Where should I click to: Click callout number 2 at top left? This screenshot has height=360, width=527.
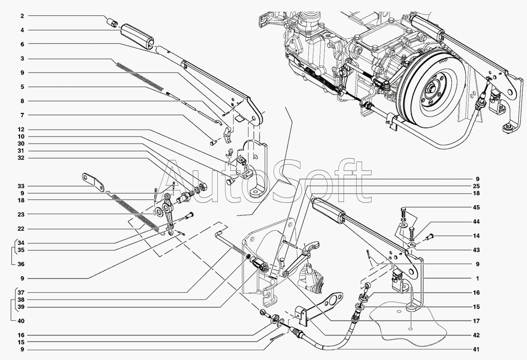(x=22, y=16)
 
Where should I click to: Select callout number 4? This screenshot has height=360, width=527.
(x=22, y=30)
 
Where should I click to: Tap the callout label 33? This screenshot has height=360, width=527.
(x=21, y=186)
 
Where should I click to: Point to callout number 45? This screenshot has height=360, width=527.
(x=476, y=207)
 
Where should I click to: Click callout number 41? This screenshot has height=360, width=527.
(x=476, y=349)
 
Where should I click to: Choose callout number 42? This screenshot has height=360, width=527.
(x=476, y=335)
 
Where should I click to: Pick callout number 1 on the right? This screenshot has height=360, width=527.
(x=477, y=278)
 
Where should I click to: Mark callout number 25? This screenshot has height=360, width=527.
(x=476, y=186)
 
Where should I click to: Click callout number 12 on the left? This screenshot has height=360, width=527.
(x=21, y=130)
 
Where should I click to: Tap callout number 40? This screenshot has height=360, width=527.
(x=21, y=321)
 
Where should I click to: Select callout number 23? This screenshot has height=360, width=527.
(x=21, y=215)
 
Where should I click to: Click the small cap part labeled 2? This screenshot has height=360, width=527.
(x=112, y=23)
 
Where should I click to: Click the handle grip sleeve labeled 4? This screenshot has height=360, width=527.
(x=137, y=37)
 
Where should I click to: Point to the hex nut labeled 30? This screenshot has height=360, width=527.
(x=203, y=187)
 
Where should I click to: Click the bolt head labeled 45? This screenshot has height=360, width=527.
(x=403, y=209)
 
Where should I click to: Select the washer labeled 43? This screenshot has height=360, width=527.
(x=411, y=245)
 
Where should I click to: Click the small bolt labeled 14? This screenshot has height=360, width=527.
(x=430, y=236)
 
